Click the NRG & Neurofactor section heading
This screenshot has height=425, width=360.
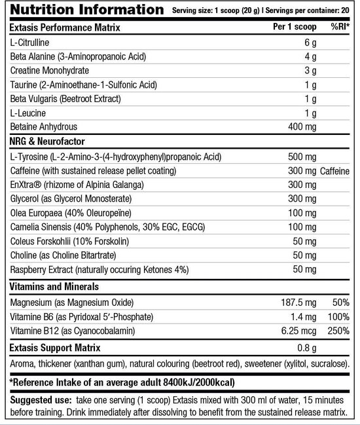click(47, 142)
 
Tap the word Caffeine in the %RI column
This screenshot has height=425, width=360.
click(338, 171)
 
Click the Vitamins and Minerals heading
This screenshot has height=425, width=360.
click(54, 287)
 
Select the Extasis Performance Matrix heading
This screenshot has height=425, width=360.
click(69, 28)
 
